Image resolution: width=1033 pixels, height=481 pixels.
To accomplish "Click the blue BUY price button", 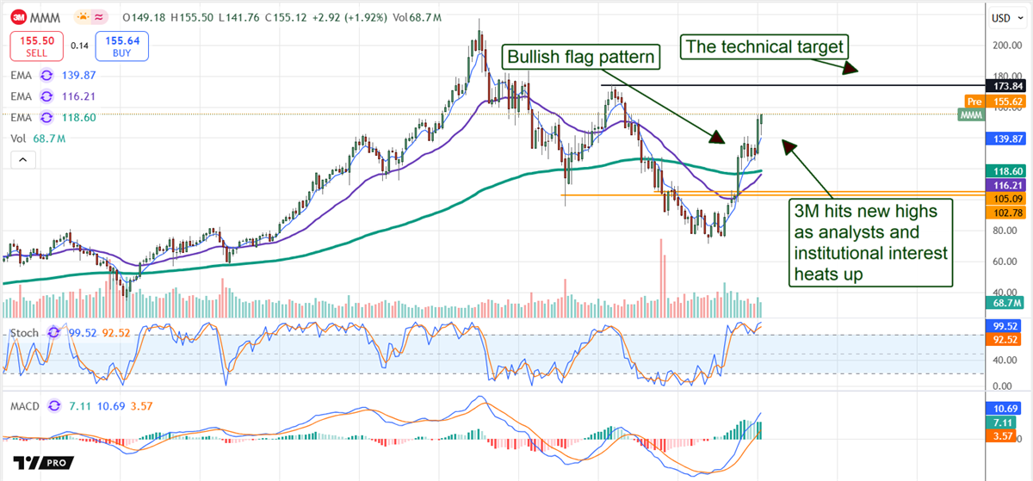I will [x=121, y=46].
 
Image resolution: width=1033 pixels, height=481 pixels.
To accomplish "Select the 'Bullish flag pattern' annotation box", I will [x=583, y=58].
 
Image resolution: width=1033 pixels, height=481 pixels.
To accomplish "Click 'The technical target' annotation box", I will [x=763, y=46].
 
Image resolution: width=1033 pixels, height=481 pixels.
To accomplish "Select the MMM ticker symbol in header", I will [x=44, y=17].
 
